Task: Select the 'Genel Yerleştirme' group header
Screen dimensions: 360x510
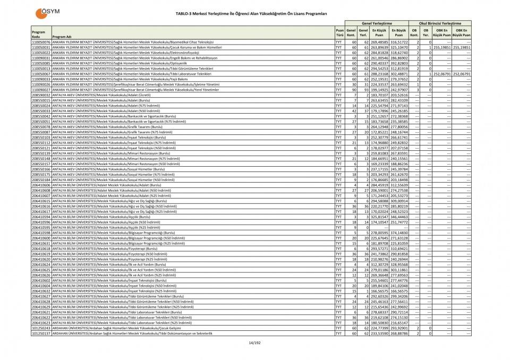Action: coord(377,24)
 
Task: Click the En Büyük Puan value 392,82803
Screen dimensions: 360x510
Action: coord(398,63)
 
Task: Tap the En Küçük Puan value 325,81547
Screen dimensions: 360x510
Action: coord(378,217)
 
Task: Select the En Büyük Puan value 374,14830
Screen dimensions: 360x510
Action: coord(398,233)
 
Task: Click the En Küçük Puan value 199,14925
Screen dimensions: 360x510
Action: coord(378,90)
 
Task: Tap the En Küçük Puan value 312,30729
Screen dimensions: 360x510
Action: coord(378,264)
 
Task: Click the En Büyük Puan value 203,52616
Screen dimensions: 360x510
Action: coord(398,95)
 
